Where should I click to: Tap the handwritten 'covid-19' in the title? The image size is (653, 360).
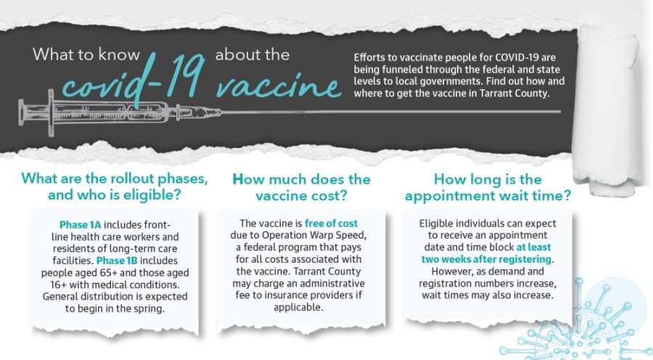pyautogui.click(x=134, y=79)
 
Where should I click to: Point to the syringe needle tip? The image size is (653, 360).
pyautogui.click(x=559, y=112)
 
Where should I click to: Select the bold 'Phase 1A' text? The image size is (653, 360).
pyautogui.click(x=81, y=225)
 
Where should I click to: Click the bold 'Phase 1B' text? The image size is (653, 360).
pyautogui.click(x=117, y=261)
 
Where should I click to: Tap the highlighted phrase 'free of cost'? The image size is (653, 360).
pyautogui.click(x=331, y=224)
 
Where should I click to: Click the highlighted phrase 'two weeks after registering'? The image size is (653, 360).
pyautogui.click(x=486, y=259)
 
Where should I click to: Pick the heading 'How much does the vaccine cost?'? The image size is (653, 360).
pyautogui.click(x=301, y=187)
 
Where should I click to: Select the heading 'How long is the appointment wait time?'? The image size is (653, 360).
pyautogui.click(x=488, y=187)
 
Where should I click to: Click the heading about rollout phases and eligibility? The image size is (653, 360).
pyautogui.click(x=115, y=187)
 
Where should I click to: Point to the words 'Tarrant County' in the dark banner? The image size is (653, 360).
pyautogui.click(x=514, y=94)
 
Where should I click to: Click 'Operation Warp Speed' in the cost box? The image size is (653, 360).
pyautogui.click(x=313, y=235)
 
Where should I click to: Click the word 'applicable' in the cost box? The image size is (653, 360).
pyautogui.click(x=297, y=308)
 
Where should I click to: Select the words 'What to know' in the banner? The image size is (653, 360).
pyautogui.click(x=86, y=54)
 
